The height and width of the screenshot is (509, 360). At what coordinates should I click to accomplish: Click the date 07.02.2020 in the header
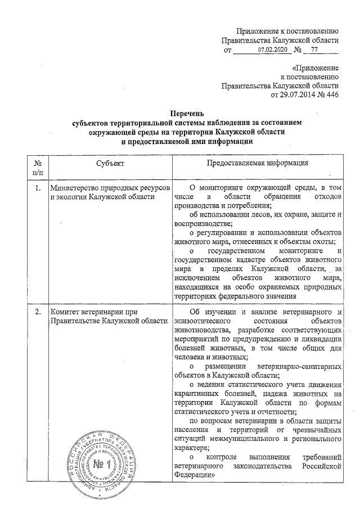(272, 51)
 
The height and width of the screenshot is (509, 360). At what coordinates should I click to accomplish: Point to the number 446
(332, 96)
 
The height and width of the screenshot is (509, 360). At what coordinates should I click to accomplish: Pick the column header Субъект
(110, 163)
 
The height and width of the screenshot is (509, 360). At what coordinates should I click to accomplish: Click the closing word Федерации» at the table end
(195, 475)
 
